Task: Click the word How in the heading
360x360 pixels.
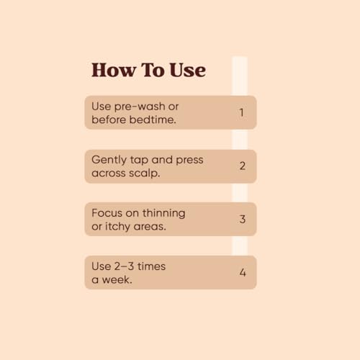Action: click(114, 70)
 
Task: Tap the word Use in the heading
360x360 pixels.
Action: click(187, 70)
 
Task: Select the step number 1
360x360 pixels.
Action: click(242, 112)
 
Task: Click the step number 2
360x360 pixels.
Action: click(243, 166)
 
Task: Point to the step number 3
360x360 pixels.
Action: click(243, 219)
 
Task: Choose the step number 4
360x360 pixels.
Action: click(243, 272)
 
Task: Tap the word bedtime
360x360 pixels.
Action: click(153, 120)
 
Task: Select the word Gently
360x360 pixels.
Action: click(109, 161)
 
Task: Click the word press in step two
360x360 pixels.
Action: click(189, 161)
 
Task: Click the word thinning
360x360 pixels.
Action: click(164, 214)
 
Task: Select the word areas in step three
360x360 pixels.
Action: click(150, 227)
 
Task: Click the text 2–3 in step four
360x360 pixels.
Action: click(124, 266)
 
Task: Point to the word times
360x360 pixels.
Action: click(151, 266)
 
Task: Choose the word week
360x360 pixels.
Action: click(117, 280)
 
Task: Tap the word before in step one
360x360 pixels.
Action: click(109, 120)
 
